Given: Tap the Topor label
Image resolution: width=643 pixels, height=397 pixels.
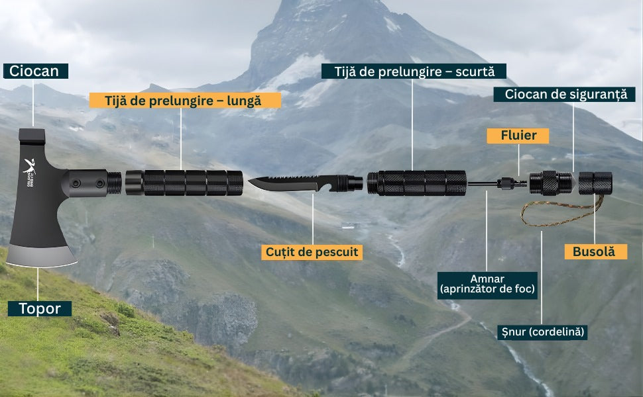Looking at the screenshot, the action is tap(40, 308).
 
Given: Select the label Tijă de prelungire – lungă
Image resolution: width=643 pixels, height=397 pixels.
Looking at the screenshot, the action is tap(185, 101).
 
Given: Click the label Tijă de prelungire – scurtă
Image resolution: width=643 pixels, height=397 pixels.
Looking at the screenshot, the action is tap(414, 71).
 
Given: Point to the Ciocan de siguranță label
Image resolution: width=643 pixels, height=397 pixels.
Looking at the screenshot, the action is tap(564, 95).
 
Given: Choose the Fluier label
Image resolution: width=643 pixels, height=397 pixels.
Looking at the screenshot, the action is tap(518, 136).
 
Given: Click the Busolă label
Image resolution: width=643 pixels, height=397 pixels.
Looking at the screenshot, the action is tap(596, 251).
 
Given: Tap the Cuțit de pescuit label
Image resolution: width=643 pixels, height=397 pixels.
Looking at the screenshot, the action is tap(312, 252).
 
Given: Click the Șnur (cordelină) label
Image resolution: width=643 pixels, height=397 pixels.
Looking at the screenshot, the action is tap(542, 332).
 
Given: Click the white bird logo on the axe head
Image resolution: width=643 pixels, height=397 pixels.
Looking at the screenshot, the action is tap(30, 172).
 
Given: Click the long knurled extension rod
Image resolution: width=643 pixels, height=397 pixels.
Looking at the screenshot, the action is tap(184, 183).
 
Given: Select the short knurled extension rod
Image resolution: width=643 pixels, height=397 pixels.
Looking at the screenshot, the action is tap(417, 183).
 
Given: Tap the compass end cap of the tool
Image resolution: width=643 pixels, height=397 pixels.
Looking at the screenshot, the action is tap(595, 183).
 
